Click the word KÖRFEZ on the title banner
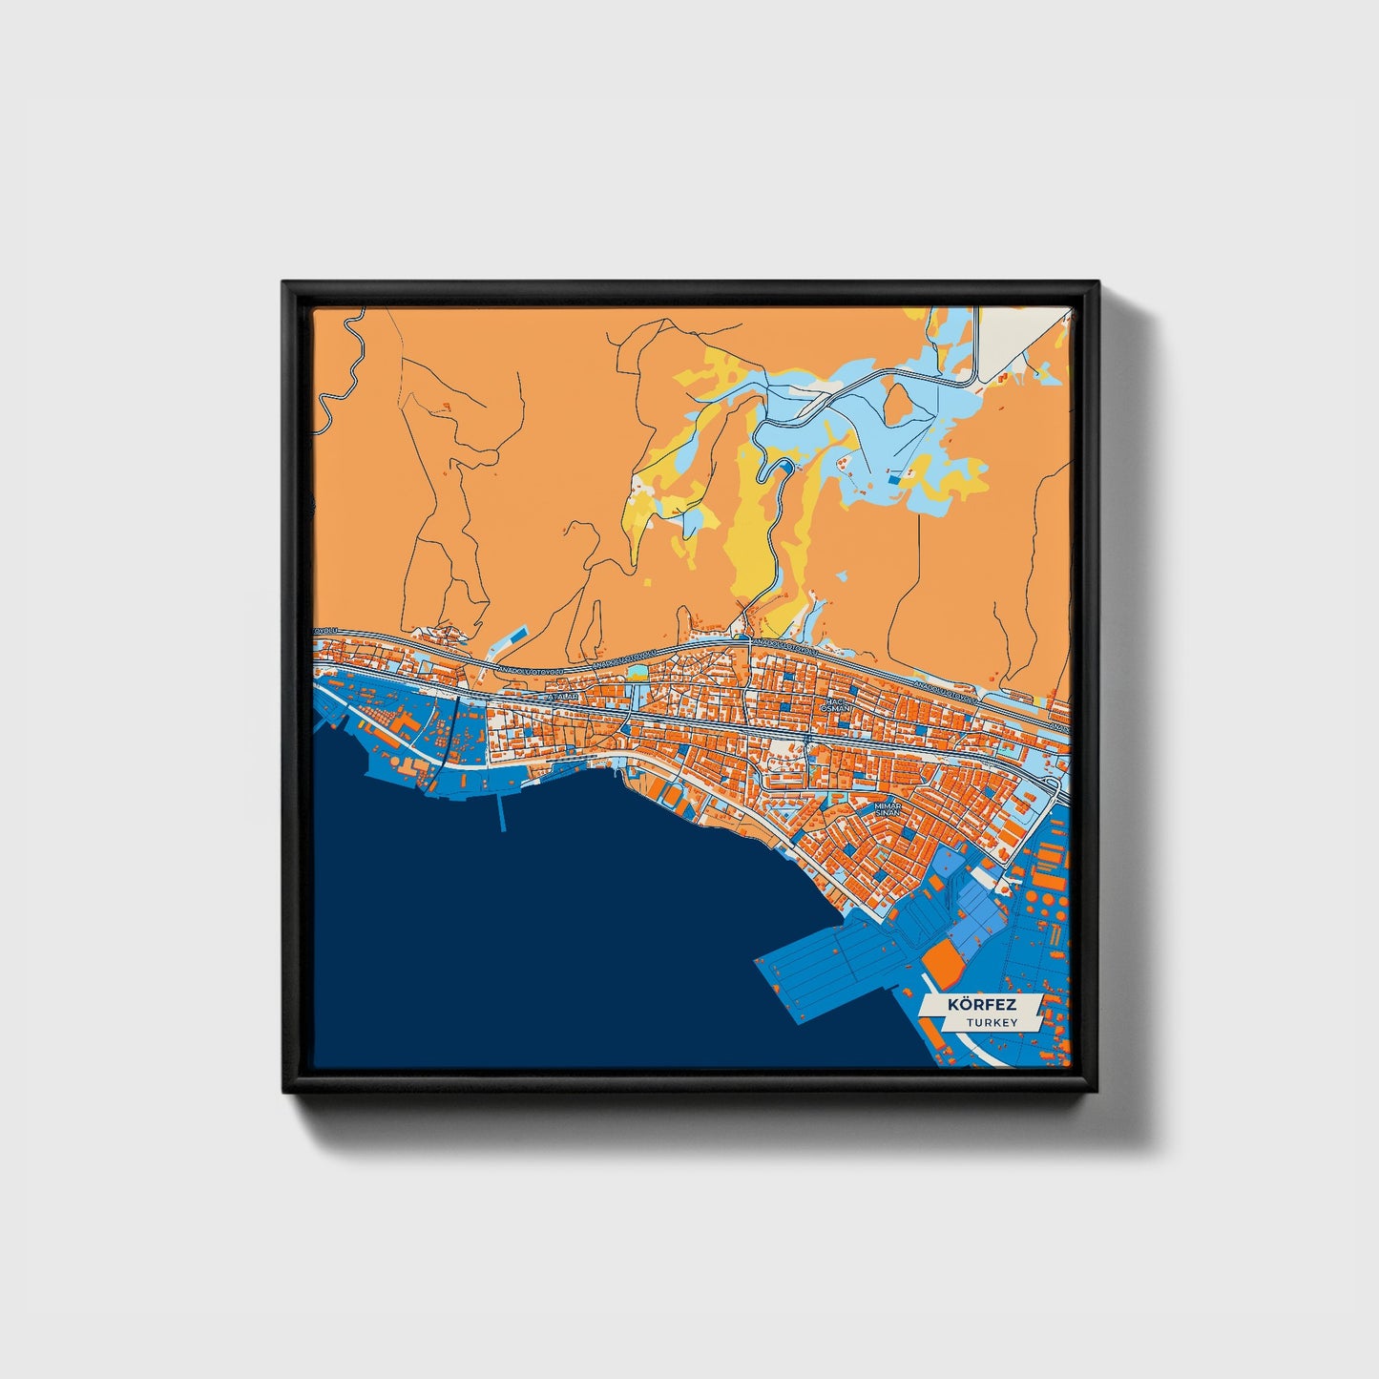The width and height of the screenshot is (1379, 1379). point(981,1005)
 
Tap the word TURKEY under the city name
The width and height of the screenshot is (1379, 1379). point(991,1022)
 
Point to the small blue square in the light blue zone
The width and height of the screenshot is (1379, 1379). point(892,480)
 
